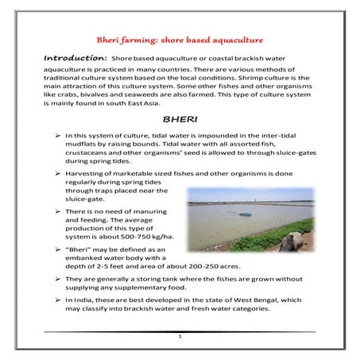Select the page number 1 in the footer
(x=180, y=338)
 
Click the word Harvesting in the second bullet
(x=90, y=172)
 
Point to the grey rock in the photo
(x=287, y=242)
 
